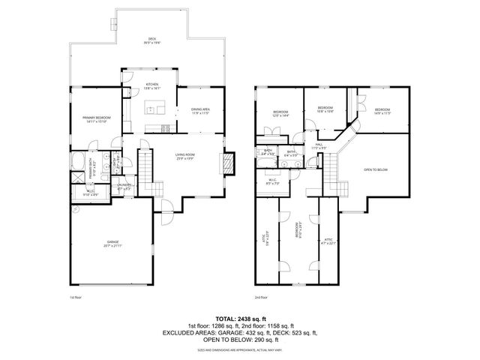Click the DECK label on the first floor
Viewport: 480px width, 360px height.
(x=151, y=40)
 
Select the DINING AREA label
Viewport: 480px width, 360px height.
(x=199, y=111)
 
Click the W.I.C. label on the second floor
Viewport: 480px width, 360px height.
(x=273, y=181)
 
